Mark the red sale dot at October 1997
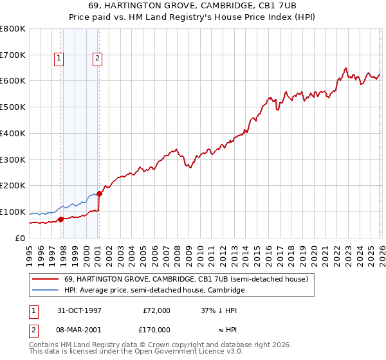coord(61,219)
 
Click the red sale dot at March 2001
coord(100,194)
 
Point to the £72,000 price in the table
coord(156,310)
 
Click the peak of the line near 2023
coord(346,68)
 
